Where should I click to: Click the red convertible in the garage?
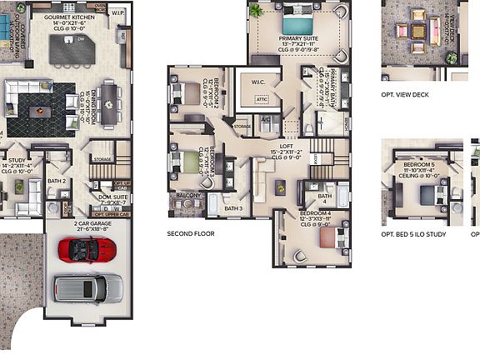[84, 247]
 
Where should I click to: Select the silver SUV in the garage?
[88, 288]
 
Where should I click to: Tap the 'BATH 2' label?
[57, 180]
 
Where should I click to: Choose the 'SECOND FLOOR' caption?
[191, 234]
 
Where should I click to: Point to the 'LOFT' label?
[286, 147]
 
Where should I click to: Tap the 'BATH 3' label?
[234, 207]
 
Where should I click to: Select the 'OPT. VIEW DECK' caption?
[405, 95]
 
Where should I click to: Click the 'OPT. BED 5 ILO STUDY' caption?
[414, 234]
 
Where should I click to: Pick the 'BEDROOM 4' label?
[314, 212]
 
